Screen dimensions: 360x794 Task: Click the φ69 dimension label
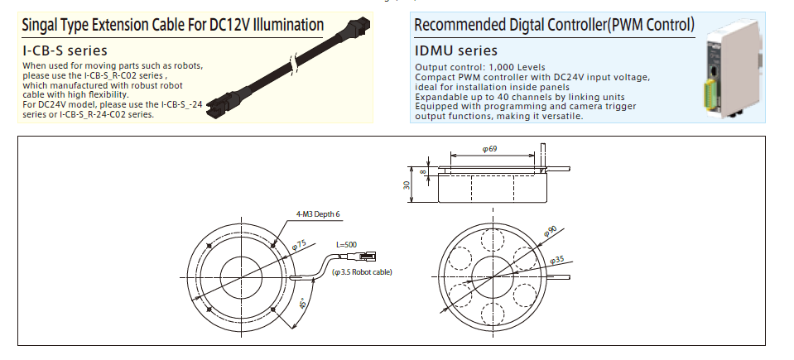(x=489, y=149)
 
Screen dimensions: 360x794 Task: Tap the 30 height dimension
(x=407, y=185)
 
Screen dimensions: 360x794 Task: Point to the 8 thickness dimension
(x=424, y=171)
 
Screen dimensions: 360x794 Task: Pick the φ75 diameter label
(x=299, y=244)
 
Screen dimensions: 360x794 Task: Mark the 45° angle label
(x=305, y=304)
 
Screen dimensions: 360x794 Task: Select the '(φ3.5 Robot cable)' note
(x=361, y=272)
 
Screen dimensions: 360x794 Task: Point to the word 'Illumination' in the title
(x=282, y=25)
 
